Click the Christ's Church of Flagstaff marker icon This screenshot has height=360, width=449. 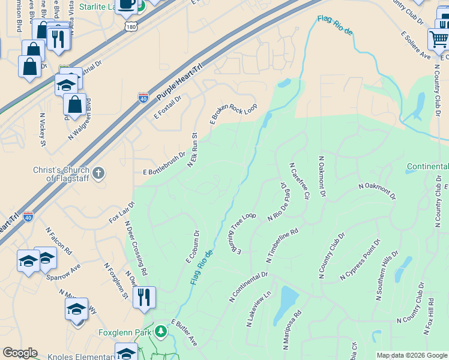[99, 173]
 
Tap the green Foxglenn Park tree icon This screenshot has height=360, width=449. [160, 331]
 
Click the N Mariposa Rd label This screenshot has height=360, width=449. [293, 329]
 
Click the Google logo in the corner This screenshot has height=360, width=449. [20, 353]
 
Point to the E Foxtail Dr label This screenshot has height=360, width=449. [167, 106]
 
